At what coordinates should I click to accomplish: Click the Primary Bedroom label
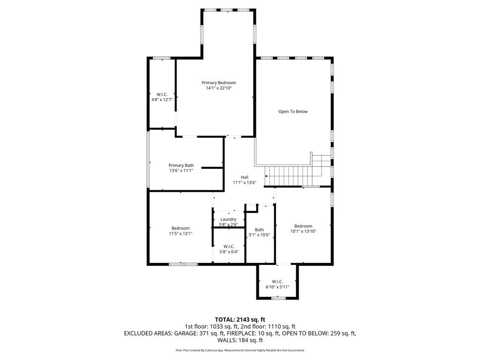218,82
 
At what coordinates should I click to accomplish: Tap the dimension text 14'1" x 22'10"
218,88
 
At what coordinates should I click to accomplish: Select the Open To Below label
293,112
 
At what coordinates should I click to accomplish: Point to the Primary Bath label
181,165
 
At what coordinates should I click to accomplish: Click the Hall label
244,177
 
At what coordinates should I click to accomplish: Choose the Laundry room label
228,219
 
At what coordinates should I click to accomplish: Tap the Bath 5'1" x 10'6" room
259,232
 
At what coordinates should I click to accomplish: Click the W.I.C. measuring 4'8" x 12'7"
162,97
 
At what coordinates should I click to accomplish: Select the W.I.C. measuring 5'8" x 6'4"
229,249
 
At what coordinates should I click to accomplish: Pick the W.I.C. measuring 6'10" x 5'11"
277,284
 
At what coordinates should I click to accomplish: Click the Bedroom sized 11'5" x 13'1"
180,231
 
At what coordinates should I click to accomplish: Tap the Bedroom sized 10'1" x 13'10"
303,228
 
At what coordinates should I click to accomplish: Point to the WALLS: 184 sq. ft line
240,340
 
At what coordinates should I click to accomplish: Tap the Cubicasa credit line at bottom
240,350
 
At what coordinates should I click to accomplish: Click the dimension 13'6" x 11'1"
181,171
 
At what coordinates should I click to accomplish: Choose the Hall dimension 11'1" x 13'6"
244,182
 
